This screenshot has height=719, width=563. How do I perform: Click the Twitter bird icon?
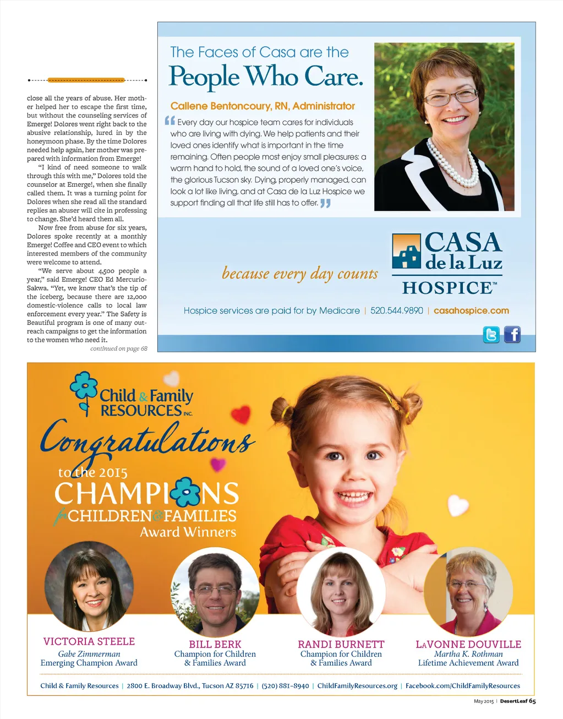(491, 334)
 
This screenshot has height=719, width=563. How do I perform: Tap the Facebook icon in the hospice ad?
(512, 334)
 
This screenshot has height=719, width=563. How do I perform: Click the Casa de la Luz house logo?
(407, 251)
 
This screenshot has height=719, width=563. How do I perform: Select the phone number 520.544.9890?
(396, 311)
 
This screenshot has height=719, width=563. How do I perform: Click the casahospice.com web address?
(471, 311)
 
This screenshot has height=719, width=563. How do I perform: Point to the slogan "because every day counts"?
(300, 274)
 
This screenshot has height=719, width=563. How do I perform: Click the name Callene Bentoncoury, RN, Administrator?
(263, 106)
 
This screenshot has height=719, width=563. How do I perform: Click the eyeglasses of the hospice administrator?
(450, 98)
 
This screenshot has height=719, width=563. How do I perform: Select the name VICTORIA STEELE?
(89, 641)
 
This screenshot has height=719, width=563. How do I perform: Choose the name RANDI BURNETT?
(341, 644)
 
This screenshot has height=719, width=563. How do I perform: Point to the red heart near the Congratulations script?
(240, 414)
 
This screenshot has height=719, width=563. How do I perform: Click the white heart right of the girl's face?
(457, 505)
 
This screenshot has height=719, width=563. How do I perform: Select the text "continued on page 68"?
(119, 348)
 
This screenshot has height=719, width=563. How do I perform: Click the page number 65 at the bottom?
(532, 701)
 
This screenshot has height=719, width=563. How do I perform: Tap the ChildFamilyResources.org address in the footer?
(357, 685)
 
